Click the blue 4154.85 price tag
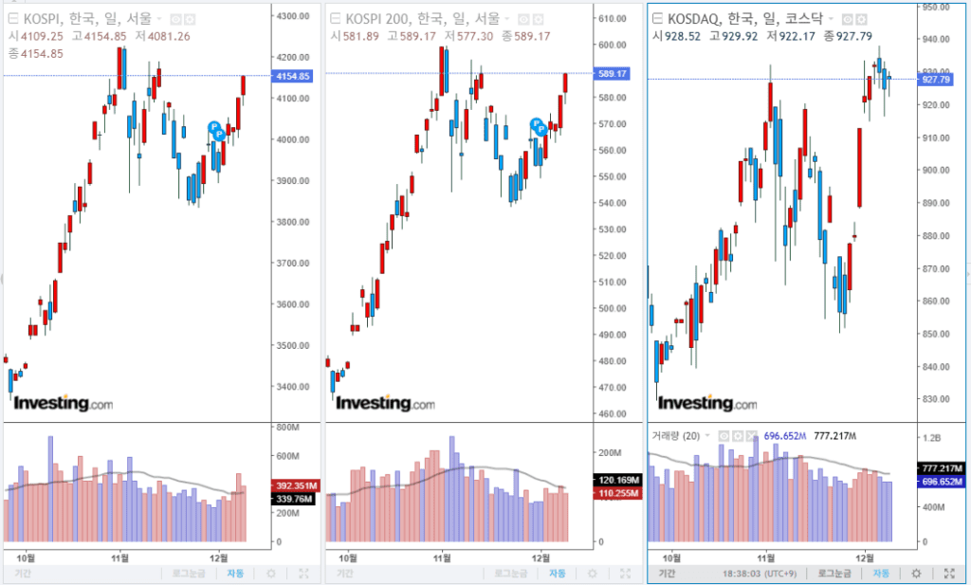291,76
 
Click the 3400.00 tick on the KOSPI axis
291,387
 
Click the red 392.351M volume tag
296,484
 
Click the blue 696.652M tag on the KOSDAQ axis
942,482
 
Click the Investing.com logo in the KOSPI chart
63,404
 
